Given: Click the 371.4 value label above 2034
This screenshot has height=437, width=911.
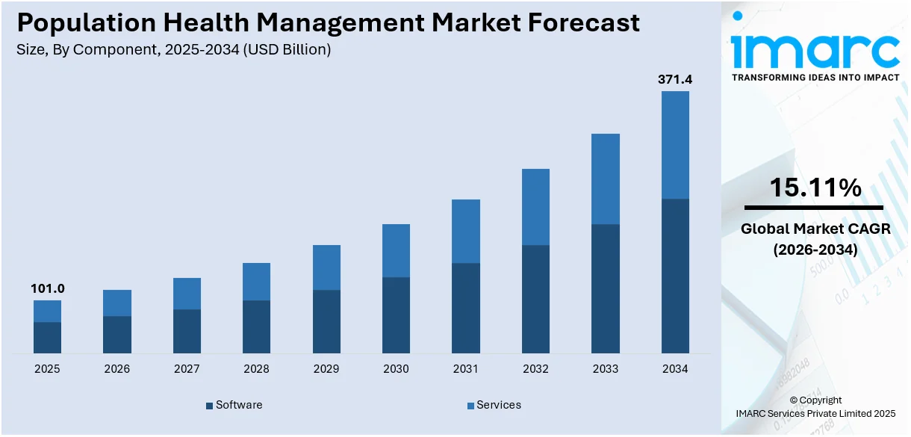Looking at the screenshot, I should tap(675, 78).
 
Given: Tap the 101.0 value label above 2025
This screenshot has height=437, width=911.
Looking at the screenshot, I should tap(47, 288).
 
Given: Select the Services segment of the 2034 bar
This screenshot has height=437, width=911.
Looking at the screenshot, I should tap(675, 145).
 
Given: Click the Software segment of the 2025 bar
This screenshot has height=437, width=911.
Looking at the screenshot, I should tap(47, 338).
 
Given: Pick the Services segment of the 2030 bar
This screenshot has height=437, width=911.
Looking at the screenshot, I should tap(396, 250).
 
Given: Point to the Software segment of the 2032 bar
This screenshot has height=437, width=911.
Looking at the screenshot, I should tap(535, 299).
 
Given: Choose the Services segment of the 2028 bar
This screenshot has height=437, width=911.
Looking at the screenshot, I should tap(256, 282).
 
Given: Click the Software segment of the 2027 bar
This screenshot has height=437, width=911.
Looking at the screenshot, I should tap(187, 331).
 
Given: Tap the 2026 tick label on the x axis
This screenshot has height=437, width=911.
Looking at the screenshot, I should tap(116, 369).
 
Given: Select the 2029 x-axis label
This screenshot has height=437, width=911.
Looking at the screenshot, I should tap(326, 369).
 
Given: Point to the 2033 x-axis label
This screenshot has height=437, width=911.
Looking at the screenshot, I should tap(606, 369).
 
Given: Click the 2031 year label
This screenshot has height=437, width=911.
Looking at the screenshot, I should tap(466, 369).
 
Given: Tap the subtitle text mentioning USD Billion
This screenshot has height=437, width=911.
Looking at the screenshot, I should tap(173, 49).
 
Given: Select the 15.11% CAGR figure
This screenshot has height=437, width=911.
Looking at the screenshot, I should tap(815, 188).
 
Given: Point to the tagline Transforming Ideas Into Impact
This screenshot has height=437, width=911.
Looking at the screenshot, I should tap(815, 78).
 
